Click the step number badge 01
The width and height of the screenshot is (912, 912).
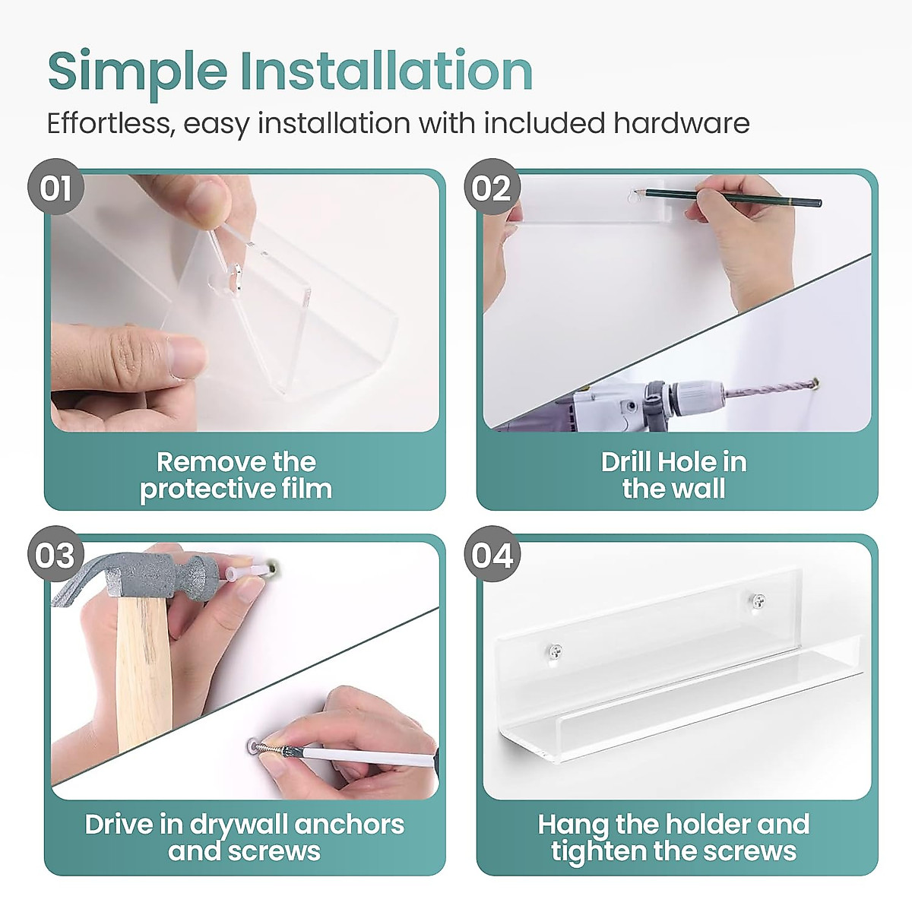pyautogui.click(x=55, y=187)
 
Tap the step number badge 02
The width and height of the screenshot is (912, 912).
pyautogui.click(x=492, y=187)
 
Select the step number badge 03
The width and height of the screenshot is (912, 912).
pyautogui.click(x=55, y=554)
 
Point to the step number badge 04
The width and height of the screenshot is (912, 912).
pyautogui.click(x=492, y=554)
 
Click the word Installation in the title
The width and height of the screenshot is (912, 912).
pyautogui.click(x=387, y=70)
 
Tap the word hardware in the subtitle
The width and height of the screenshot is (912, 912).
pyautogui.click(x=682, y=123)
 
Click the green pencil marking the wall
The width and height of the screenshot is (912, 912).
pyautogui.click(x=728, y=198)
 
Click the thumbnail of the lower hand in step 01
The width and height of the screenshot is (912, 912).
pyautogui.click(x=187, y=356)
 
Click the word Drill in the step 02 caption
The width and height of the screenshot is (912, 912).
pyautogui.click(x=624, y=462)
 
